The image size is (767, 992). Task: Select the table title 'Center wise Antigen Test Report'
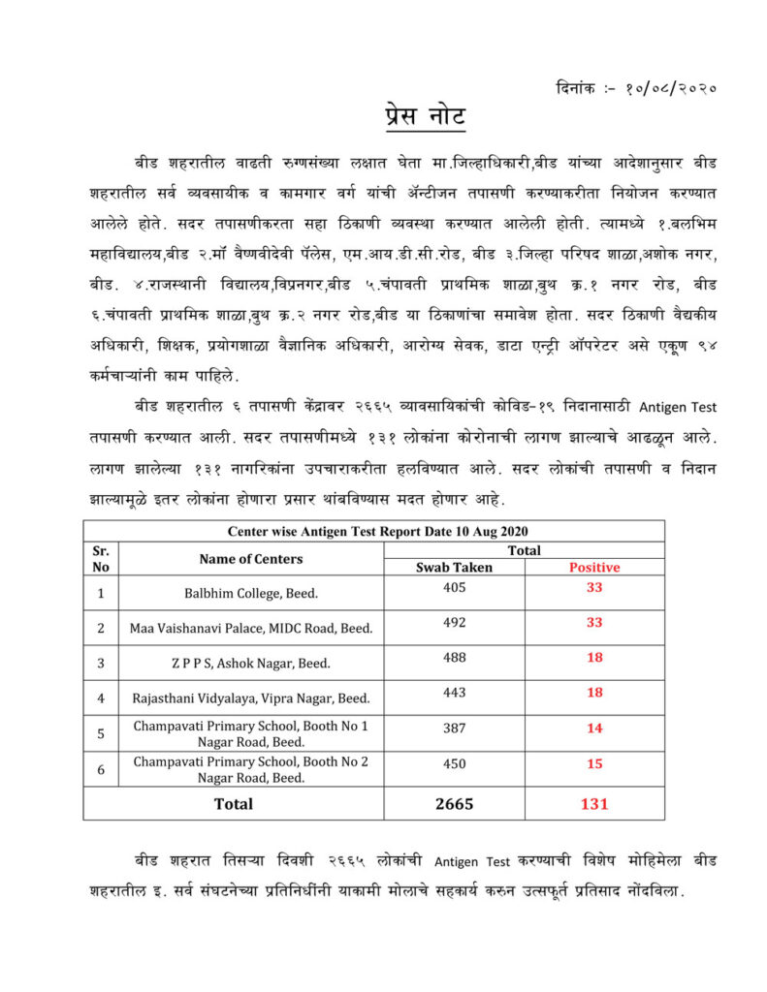point(377,531)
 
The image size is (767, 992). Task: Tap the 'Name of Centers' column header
point(251,559)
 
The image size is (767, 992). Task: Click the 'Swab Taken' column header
point(454,568)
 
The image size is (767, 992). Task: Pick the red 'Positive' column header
point(594,568)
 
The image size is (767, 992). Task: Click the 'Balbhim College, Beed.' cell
point(251,592)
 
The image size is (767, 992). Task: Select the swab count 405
point(454,587)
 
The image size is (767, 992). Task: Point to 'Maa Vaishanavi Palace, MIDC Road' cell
point(251,628)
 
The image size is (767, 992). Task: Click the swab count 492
point(454,622)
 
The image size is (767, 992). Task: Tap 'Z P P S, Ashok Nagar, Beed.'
point(251,664)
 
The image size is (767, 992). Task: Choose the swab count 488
point(454,658)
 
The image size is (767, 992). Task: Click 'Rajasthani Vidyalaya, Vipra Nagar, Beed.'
point(251,698)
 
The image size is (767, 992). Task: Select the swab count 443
point(454,693)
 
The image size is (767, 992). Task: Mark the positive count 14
point(594,728)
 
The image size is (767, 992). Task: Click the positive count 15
point(594,763)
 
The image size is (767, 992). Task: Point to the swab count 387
point(454,728)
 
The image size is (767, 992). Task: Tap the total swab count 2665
point(454,804)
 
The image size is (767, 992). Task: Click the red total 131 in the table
point(594,804)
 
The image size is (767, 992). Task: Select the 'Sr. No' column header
point(101,559)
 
